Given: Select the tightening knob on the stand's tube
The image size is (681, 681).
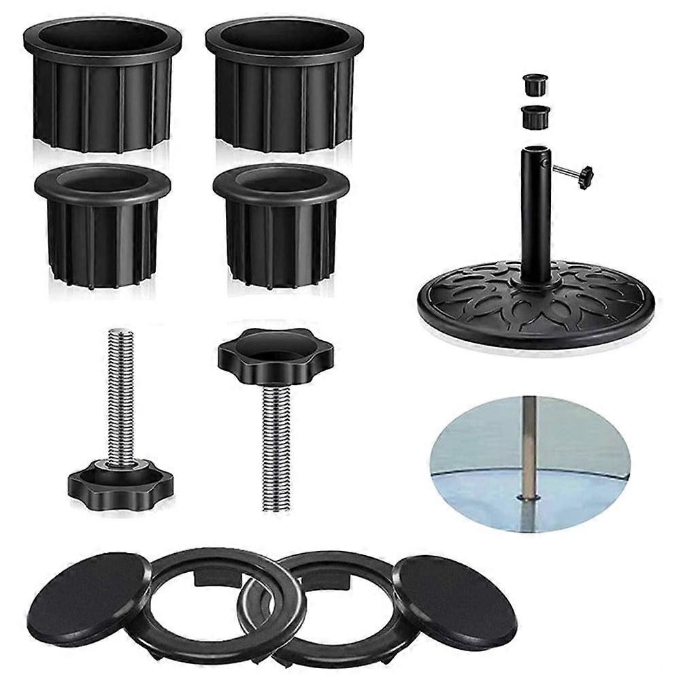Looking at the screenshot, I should click(584, 176).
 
